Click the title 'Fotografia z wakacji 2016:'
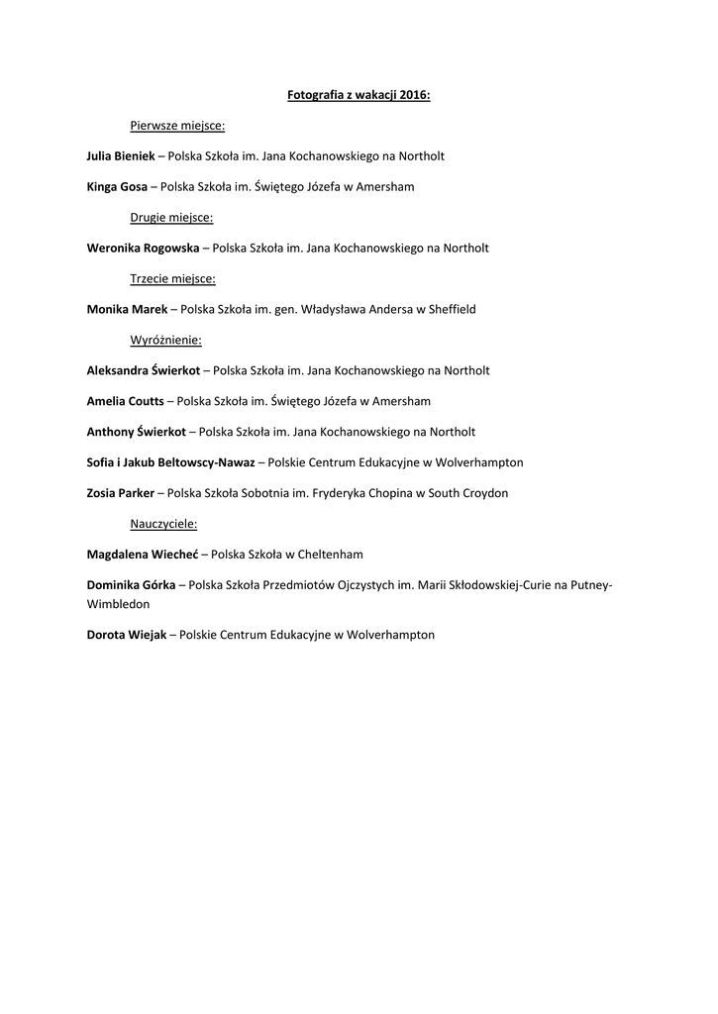pyautogui.click(x=359, y=95)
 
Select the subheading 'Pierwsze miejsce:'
pyautogui.click(x=177, y=126)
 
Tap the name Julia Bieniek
pyautogui.click(x=121, y=156)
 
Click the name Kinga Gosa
pyautogui.click(x=117, y=187)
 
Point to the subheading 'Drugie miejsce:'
pyautogui.click(x=171, y=218)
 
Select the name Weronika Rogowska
pyautogui.click(x=143, y=249)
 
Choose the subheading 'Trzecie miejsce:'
pyautogui.click(x=172, y=279)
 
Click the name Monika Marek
pyautogui.click(x=127, y=310)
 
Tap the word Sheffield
pyautogui.click(x=452, y=310)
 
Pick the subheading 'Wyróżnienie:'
pyautogui.click(x=165, y=341)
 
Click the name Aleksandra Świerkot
pyautogui.click(x=144, y=371)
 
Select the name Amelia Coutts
pyautogui.click(x=126, y=402)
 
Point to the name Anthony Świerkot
pyautogui.click(x=136, y=433)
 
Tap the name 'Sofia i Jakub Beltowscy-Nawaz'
pyautogui.click(x=170, y=462)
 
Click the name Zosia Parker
pyautogui.click(x=121, y=493)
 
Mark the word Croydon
pyautogui.click(x=485, y=493)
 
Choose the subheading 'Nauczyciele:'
pyautogui.click(x=163, y=524)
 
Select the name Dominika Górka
pyautogui.click(x=131, y=585)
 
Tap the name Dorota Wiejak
pyautogui.click(x=127, y=635)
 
